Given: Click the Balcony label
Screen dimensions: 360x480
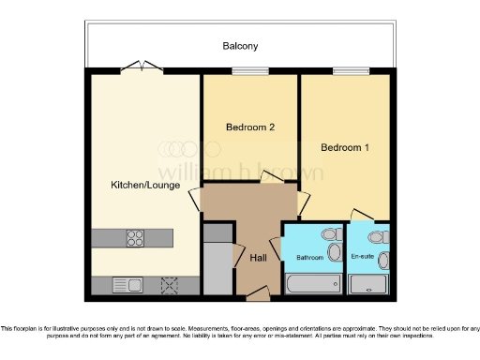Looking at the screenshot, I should click(241, 45).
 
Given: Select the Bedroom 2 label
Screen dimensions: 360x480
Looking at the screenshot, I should click(250, 127).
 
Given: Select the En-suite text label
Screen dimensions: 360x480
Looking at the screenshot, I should click(363, 255).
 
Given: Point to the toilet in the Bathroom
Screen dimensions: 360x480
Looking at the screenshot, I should click(328, 236).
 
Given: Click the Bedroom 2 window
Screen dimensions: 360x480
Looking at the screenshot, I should click(249, 70).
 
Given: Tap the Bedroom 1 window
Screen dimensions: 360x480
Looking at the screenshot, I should click(348, 70).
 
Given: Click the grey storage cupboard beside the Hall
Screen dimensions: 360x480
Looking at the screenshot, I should click(217, 267).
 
